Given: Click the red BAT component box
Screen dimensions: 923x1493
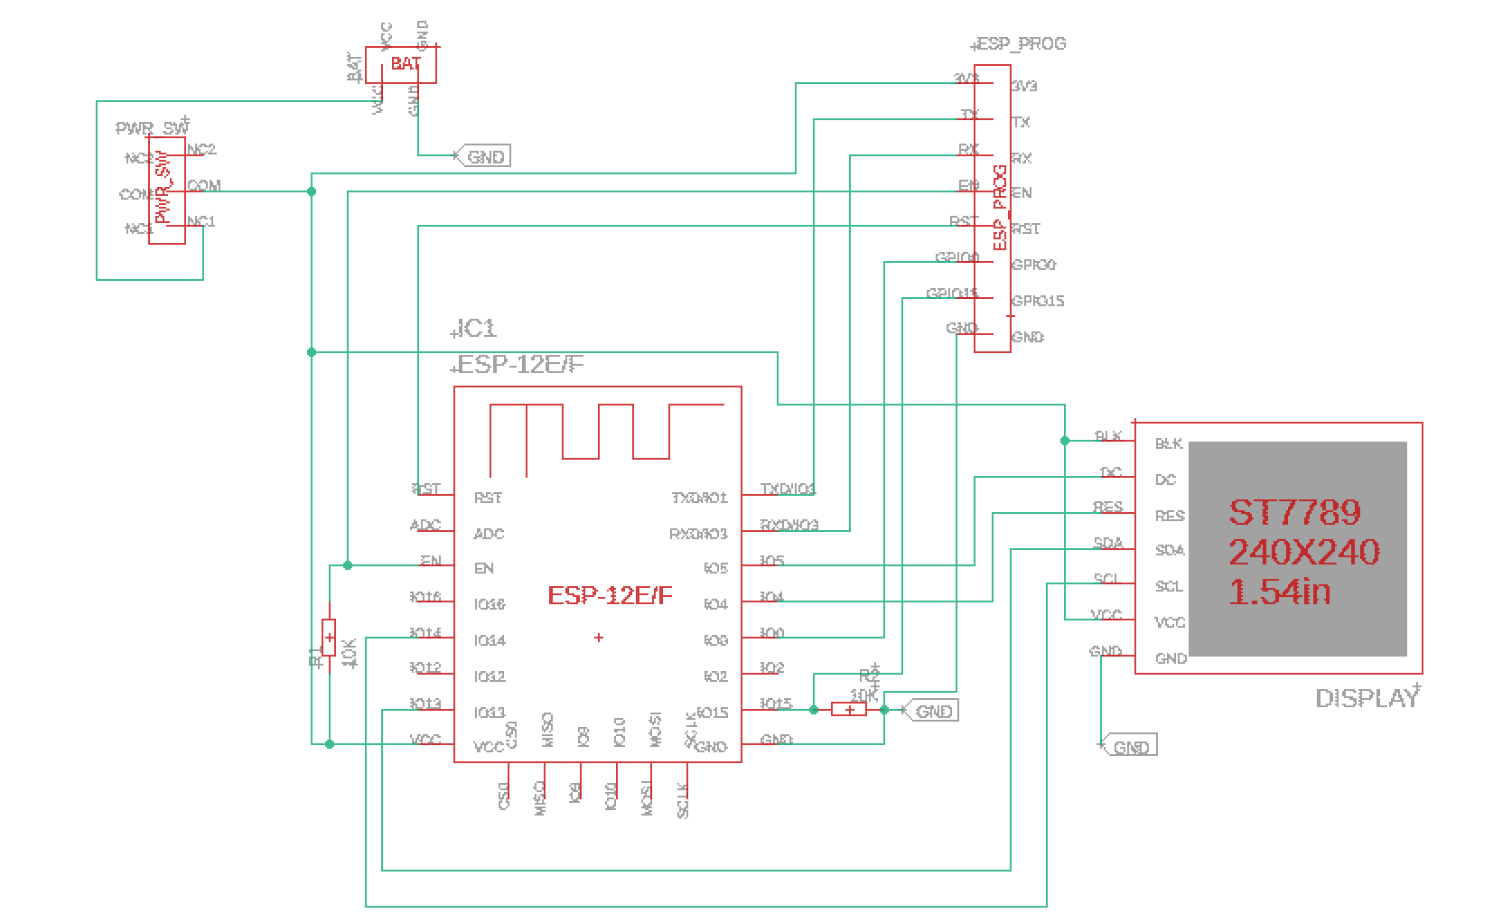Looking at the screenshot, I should tap(401, 65).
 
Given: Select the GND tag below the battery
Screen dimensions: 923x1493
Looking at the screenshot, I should tap(485, 156).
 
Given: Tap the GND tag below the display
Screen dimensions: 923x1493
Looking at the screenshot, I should tap(1130, 747).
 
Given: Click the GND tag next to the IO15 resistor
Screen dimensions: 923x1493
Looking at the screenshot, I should tap(932, 711).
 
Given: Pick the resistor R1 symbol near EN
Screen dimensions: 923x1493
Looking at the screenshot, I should tap(329, 638).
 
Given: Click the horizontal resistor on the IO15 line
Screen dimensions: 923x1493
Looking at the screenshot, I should tap(848, 710).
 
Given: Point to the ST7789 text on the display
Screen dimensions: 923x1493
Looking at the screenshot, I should tap(1294, 513).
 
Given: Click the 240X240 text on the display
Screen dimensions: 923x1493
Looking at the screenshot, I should tap(1303, 552).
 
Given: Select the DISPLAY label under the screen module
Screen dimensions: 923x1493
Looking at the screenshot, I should tap(1366, 698).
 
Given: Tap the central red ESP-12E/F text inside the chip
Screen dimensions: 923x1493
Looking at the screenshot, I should tap(610, 595).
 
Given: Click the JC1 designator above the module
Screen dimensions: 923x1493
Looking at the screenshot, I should tap(475, 328).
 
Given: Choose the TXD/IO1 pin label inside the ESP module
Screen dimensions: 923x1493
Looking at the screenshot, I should tap(699, 498).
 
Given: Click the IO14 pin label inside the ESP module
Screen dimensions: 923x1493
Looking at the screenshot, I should tap(490, 640).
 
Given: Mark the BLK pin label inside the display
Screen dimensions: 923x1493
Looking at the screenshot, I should tap(1168, 443).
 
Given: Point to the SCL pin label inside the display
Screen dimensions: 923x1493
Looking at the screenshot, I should tap(1169, 586).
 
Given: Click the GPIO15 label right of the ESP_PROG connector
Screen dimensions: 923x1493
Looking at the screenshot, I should tap(1038, 301).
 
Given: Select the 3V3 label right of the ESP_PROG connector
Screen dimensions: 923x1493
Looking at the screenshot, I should tap(1024, 86).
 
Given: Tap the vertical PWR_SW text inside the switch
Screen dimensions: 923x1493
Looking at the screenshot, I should tap(163, 190).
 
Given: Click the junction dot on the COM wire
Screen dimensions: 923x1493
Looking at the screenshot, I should tap(312, 191).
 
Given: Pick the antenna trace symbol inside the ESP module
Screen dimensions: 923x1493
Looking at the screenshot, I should tap(605, 434).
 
